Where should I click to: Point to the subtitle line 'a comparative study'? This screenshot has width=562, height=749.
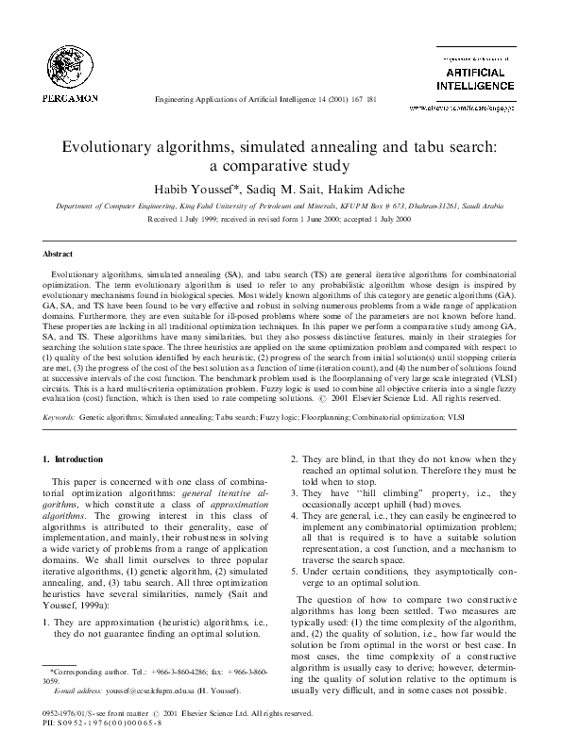[x=281, y=170]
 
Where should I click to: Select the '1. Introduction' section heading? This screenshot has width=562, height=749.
[x=75, y=459]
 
